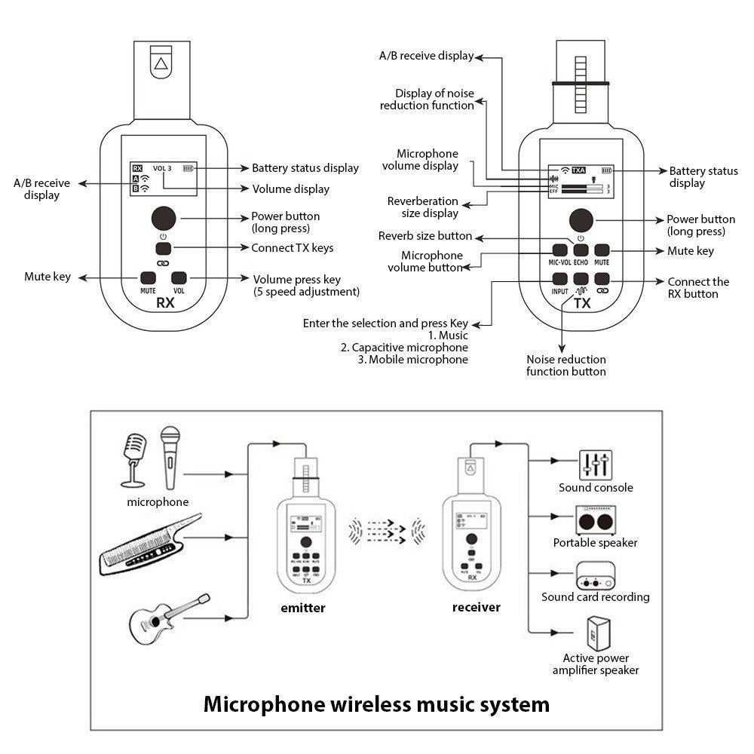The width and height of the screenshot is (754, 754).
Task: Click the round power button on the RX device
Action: (x=164, y=218)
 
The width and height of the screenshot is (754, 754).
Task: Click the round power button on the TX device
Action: (x=580, y=219)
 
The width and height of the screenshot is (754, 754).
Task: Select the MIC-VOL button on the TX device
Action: (x=559, y=250)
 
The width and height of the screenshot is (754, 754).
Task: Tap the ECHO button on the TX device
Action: (x=580, y=250)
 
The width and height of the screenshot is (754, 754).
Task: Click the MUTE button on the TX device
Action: (x=602, y=250)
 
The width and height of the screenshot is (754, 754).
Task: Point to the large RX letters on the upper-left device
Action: (x=164, y=303)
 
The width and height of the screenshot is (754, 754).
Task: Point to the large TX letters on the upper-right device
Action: (x=581, y=304)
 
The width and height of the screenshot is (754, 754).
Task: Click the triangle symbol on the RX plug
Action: (x=160, y=64)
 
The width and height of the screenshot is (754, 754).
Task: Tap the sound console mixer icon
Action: (x=595, y=464)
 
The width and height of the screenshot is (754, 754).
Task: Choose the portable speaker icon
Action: (x=595, y=520)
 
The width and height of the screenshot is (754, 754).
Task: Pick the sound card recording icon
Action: (x=595, y=575)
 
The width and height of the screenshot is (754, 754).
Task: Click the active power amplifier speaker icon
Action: (x=595, y=634)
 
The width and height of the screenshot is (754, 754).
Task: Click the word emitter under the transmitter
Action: (x=302, y=608)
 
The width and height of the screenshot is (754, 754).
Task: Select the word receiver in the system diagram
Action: (x=476, y=607)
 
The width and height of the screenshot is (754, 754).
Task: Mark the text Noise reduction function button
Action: (x=565, y=366)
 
